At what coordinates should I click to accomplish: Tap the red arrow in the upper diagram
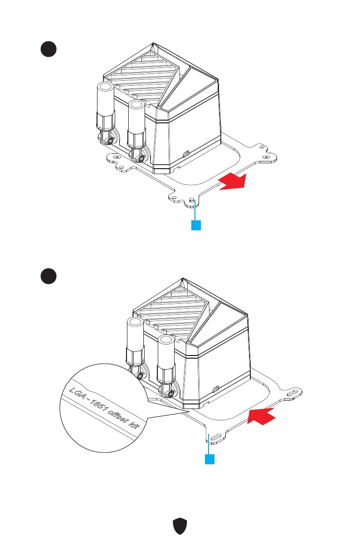tap(233, 182)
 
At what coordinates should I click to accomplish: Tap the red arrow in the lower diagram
tap(262, 416)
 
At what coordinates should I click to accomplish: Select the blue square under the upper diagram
tap(195, 225)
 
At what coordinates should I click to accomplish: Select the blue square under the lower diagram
tap(209, 459)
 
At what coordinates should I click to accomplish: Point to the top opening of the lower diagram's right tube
tap(166, 341)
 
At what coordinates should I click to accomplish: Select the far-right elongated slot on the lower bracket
tap(292, 393)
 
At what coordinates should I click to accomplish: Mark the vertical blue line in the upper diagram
tap(195, 211)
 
